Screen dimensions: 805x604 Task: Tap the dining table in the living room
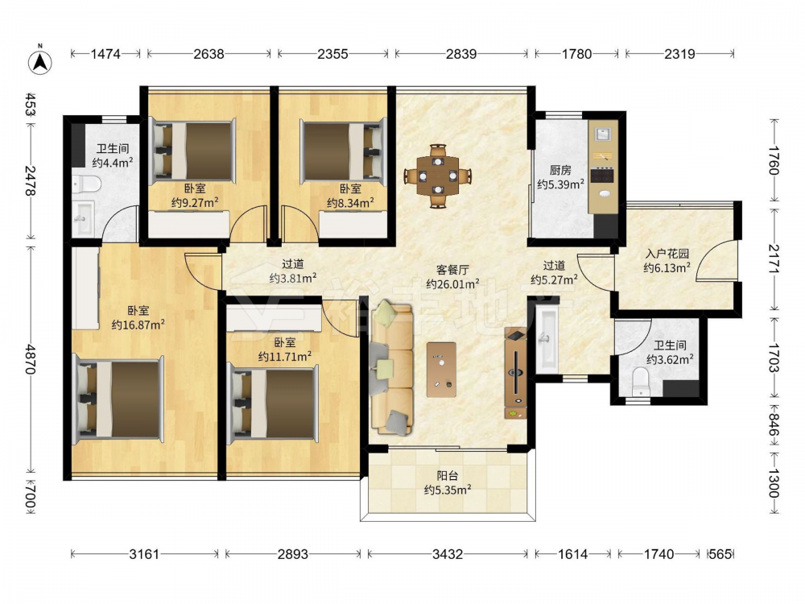coord(437,176)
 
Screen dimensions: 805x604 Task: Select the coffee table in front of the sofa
coord(441,370)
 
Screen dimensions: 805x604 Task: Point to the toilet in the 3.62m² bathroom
coord(640,382)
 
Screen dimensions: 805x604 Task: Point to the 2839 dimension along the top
coord(461,53)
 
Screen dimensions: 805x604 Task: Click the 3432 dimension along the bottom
coord(447,554)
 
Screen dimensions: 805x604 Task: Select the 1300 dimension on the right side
coord(774,482)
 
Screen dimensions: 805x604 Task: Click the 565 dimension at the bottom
coord(720,554)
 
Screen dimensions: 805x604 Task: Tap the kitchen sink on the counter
coord(601,134)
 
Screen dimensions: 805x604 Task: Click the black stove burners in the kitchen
coord(602,176)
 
